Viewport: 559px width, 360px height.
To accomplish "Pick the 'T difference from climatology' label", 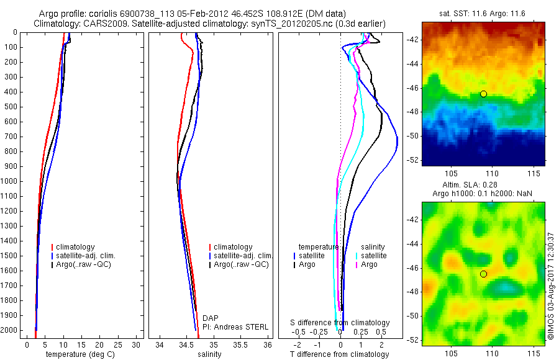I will click(x=339, y=355).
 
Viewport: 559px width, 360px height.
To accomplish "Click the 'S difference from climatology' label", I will click(x=340, y=323).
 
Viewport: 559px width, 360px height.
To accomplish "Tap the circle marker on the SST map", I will click(x=483, y=94).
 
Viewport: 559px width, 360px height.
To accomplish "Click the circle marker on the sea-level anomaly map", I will click(x=483, y=274).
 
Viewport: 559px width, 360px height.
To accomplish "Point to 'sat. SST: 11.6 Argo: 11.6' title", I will click(x=483, y=12).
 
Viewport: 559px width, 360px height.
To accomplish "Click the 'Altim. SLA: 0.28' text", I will click(x=483, y=185).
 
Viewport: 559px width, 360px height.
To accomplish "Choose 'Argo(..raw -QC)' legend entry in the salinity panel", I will click(x=241, y=264).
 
